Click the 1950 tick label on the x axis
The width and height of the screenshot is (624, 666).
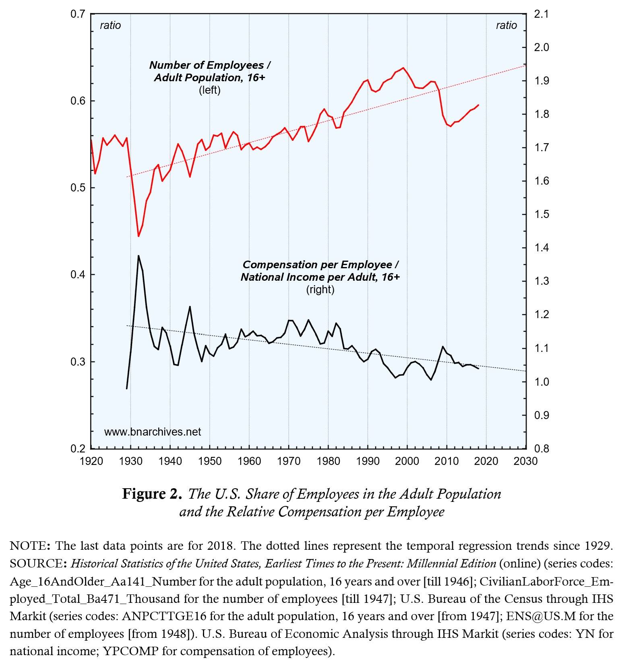point(209,461)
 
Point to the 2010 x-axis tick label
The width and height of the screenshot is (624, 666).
point(446,461)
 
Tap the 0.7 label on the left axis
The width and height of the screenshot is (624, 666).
point(78,14)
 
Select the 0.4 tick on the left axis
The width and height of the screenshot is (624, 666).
point(78,275)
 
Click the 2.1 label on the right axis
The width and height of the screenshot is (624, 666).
point(541,14)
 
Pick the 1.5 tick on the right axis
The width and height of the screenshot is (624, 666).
point(541,214)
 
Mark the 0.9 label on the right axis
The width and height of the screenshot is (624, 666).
point(541,415)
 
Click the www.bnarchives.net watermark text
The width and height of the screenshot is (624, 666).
point(153,432)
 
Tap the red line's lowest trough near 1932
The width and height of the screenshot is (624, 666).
point(138,236)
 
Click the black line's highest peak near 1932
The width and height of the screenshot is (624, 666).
point(138,256)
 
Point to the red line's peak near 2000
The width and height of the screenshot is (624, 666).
point(403,68)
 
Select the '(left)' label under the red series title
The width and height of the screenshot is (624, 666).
point(210,90)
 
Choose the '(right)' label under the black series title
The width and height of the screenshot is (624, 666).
point(320,290)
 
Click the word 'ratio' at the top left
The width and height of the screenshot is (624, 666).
point(110,25)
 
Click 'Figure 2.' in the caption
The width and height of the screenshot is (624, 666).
point(152,494)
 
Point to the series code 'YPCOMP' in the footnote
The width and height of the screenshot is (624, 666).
point(130,651)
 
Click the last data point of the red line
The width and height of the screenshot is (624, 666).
point(478,105)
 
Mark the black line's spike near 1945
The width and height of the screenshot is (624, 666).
point(190,307)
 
